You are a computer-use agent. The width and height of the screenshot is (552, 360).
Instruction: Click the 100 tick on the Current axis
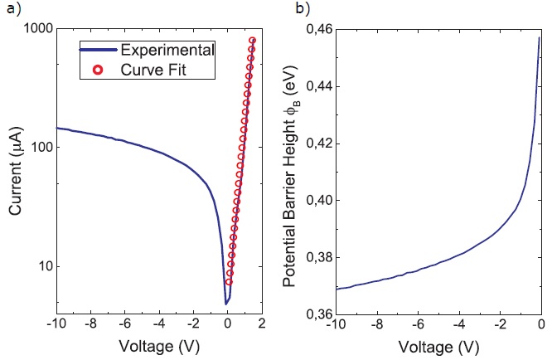(x=41, y=147)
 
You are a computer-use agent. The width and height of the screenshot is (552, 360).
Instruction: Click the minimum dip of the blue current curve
(x=227, y=304)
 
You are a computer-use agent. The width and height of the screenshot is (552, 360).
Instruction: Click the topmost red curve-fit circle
(x=252, y=41)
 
